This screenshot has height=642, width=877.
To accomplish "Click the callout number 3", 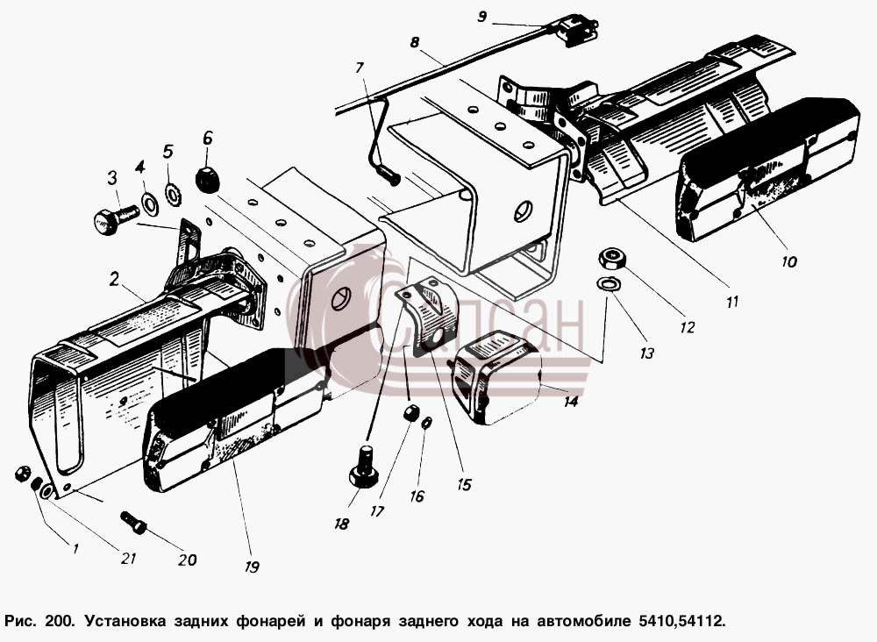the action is coord(112,178).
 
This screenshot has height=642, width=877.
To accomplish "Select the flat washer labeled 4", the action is coord(149,203).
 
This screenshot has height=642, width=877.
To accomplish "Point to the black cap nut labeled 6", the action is coord(207,179).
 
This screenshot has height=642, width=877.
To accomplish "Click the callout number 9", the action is coord(482,18).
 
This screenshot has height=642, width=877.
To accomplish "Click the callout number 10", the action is coord(789,261).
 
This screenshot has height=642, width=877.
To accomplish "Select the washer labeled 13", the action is coord(608,283).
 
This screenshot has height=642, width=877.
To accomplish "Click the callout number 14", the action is coord(571,401).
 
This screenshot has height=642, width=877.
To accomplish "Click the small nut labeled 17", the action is coord(411,414).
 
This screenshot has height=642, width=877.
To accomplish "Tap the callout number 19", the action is coord(253,567).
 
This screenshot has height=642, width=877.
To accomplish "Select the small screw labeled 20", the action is coord(133,522).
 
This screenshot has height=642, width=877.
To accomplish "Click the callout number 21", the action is coord(129,558).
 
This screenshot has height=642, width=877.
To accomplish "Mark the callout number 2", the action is coord(115,278).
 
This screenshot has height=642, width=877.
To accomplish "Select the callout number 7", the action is coord(359,68).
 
